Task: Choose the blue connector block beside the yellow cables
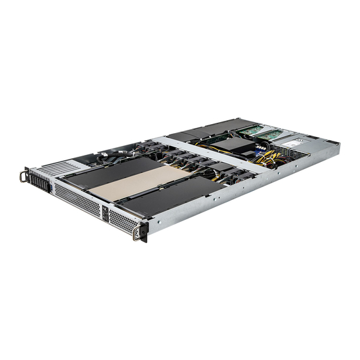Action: (259, 147)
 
